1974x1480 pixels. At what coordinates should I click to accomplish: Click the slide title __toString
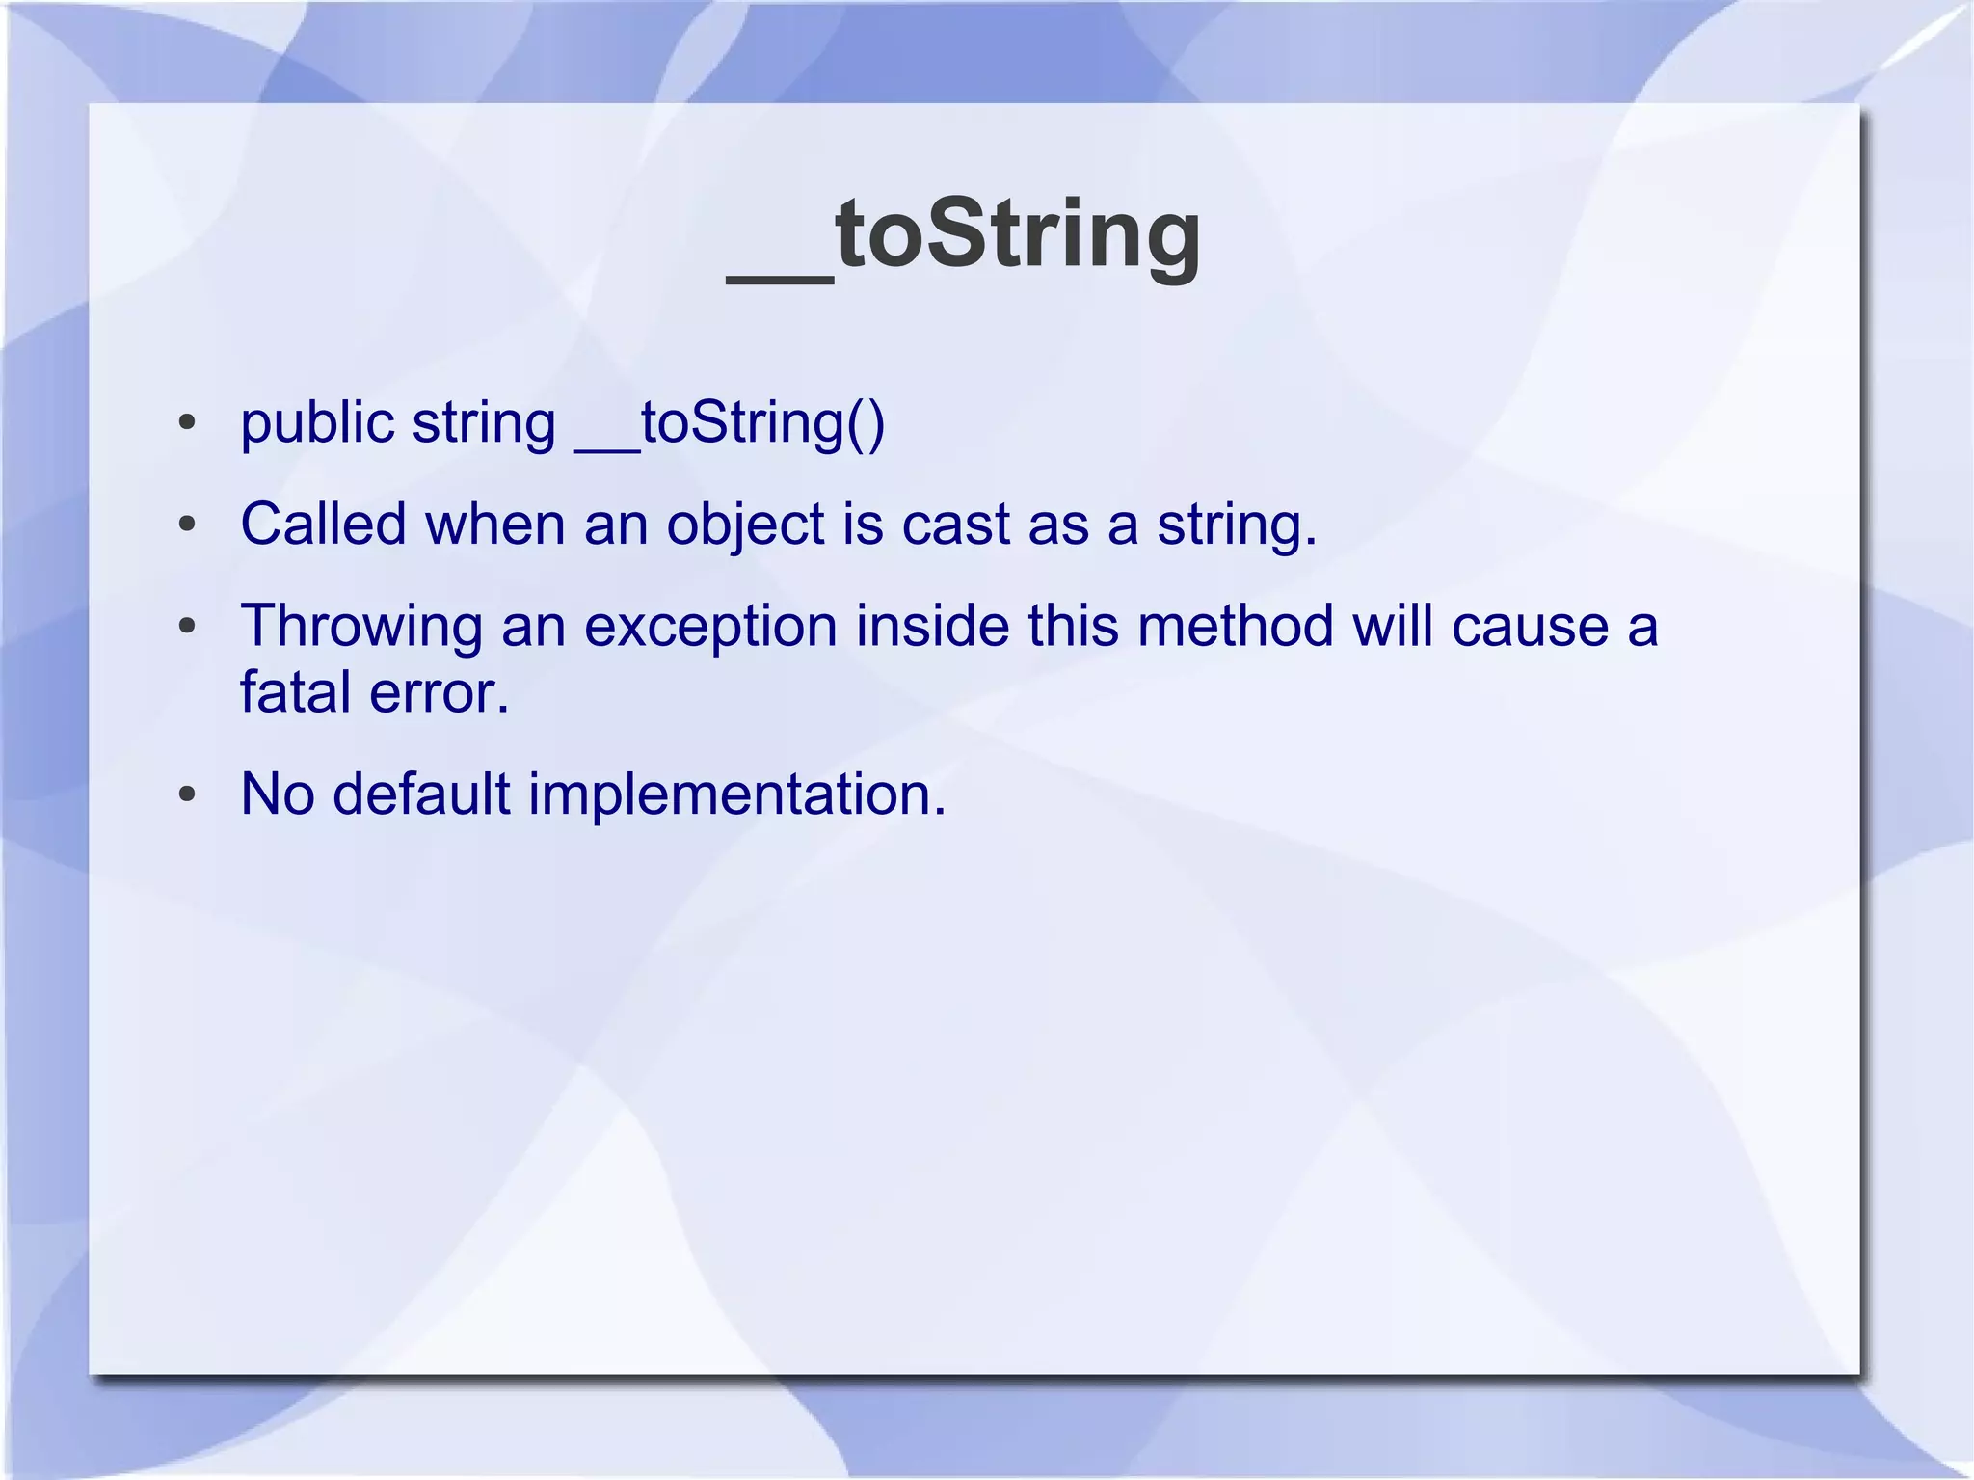tap(964, 234)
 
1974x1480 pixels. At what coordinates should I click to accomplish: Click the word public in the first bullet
tap(317, 423)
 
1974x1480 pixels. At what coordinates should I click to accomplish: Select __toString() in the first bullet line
tap(730, 423)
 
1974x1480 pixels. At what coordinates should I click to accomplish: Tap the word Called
tap(323, 525)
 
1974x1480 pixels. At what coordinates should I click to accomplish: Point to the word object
tap(744, 526)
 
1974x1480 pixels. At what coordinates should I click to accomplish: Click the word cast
tap(955, 525)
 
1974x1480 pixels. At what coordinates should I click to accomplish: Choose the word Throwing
tap(360, 627)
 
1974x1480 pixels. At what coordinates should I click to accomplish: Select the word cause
tap(1530, 627)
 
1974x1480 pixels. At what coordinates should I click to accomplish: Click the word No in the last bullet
tap(278, 794)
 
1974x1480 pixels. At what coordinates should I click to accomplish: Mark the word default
tap(421, 794)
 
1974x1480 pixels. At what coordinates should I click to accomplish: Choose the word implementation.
tap(736, 796)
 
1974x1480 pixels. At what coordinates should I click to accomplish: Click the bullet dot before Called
tap(187, 525)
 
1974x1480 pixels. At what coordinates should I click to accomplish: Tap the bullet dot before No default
tap(187, 795)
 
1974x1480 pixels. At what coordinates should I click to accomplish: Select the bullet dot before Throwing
tap(187, 627)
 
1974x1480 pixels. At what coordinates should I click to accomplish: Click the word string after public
tap(484, 425)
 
